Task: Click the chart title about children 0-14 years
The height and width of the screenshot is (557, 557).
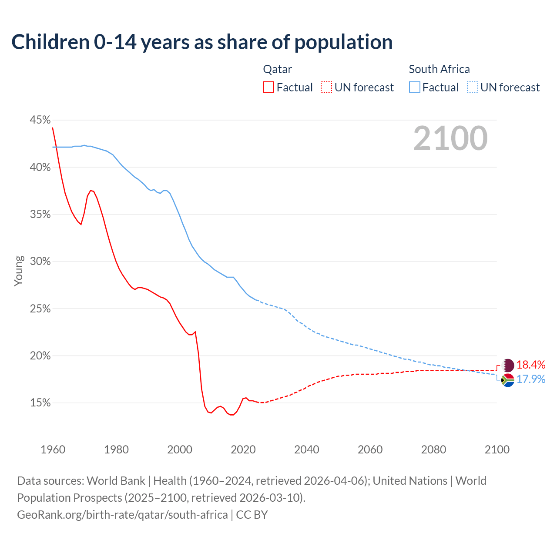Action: click(202, 42)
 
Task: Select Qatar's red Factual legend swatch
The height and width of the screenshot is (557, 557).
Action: click(268, 87)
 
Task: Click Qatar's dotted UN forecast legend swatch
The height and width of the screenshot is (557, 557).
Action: click(326, 87)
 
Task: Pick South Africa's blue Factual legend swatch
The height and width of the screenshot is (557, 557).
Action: click(415, 87)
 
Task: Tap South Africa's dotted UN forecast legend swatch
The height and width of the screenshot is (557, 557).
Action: click(473, 87)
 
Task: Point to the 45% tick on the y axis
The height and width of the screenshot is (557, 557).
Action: click(40, 120)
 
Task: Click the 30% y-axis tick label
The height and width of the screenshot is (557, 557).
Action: click(40, 262)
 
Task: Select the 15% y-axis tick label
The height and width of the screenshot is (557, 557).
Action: click(40, 403)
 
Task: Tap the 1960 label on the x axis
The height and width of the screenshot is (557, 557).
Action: click(53, 450)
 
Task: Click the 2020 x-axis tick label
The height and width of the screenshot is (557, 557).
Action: click(243, 450)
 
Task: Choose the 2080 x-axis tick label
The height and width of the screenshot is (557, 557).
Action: click(433, 450)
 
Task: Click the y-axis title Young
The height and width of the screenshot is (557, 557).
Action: click(19, 271)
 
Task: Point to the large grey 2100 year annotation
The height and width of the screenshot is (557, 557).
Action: click(450, 138)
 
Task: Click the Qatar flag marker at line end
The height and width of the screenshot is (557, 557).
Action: click(508, 365)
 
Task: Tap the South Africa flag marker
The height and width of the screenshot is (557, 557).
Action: click(508, 380)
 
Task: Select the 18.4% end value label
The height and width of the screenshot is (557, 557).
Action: click(531, 365)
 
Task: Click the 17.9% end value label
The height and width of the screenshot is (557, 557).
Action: click(531, 379)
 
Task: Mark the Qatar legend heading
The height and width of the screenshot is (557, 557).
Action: click(278, 69)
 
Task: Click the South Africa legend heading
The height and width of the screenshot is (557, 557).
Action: click(439, 69)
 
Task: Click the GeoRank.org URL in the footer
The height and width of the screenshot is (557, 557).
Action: click(122, 515)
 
